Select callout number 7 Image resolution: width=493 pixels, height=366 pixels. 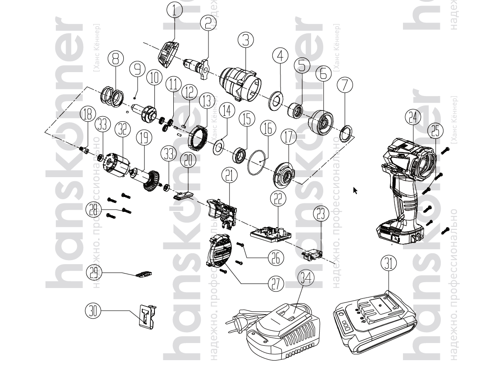(x=345, y=84)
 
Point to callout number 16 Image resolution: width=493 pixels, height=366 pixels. (x=268, y=129)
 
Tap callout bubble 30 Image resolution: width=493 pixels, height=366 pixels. (x=93, y=311)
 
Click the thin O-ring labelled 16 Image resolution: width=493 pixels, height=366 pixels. (x=258, y=161)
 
